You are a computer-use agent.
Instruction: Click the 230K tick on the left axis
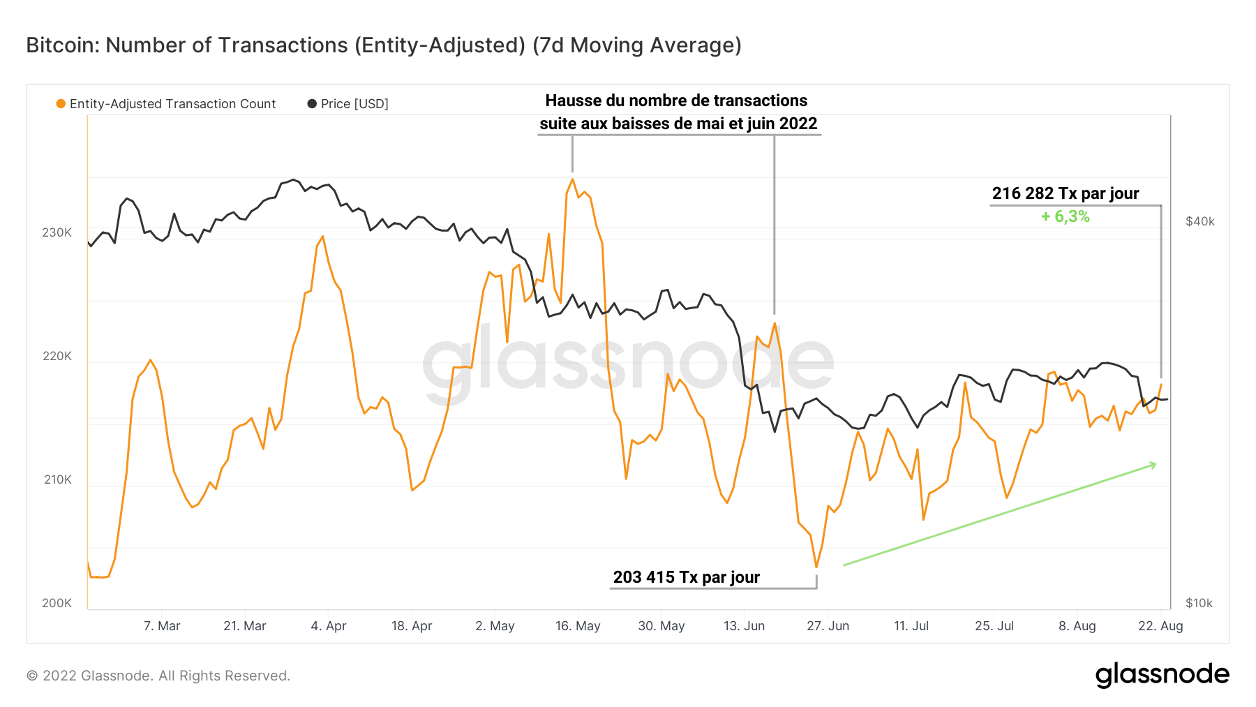coord(57,232)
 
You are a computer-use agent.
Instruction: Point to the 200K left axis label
coord(57,603)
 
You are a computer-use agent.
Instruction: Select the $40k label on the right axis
coord(1199,221)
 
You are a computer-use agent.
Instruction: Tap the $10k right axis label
coord(1199,603)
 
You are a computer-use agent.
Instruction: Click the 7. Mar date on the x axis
coord(162,626)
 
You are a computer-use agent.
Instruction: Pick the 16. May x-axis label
coord(578,626)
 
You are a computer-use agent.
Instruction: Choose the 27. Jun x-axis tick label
coord(828,626)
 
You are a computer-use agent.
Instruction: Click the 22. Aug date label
coord(1160,626)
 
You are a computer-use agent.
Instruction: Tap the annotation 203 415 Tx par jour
coord(686,577)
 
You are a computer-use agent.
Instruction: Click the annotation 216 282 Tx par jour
coord(1065,193)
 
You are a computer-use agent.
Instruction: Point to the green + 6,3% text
coord(1065,216)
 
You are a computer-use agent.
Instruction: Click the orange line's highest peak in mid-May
coord(572,179)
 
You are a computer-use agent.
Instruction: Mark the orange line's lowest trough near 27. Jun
coord(816,567)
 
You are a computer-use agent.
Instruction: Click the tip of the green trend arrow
coord(1156,464)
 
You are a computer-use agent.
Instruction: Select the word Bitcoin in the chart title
coord(61,45)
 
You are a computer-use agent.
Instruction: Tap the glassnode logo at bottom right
coord(1162,674)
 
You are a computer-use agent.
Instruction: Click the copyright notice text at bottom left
coord(158,676)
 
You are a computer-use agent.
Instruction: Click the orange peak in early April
coord(322,237)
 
